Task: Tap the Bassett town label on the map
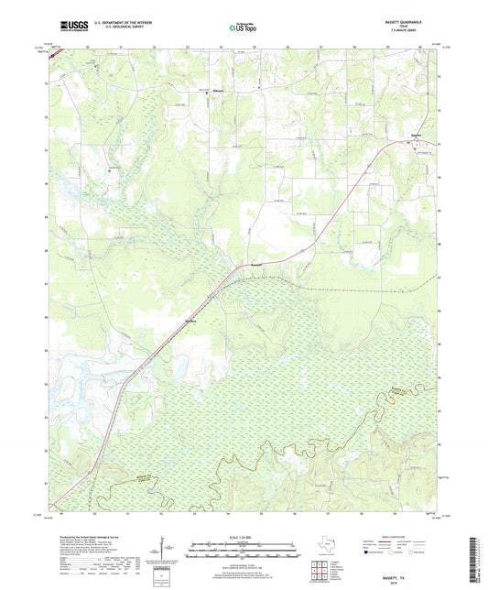[244, 267]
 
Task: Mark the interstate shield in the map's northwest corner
[51, 53]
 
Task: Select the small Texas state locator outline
[329, 548]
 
